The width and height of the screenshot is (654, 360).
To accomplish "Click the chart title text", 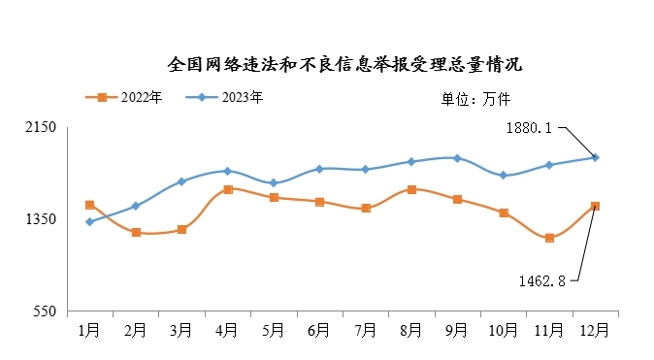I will point(345,65).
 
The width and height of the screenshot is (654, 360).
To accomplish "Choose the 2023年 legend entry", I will point(231,97).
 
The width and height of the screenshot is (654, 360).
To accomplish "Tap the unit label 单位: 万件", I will point(475,98).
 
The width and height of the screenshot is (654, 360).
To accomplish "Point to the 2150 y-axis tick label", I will point(43,127).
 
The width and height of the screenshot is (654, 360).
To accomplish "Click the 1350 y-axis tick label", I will point(43,219).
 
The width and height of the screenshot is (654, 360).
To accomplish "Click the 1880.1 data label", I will point(529,127).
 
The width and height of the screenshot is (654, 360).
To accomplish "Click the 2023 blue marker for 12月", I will point(595,157).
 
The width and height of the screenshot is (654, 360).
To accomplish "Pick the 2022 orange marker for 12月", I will point(595,206).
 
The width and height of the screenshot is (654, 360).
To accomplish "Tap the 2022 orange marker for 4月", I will point(227,189).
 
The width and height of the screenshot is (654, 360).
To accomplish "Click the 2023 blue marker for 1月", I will point(89,222).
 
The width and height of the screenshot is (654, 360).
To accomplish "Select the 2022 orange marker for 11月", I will point(549,238).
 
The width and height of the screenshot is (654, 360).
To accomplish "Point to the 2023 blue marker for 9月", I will point(457,158).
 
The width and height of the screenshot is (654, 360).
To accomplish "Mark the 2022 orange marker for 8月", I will point(411,189).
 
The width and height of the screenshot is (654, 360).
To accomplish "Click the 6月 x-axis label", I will point(319,330).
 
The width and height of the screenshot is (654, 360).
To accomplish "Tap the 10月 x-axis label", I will point(503,330).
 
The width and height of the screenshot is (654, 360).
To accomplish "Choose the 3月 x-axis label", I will point(181,330).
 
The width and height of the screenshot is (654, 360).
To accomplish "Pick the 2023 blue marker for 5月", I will point(274,183).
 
